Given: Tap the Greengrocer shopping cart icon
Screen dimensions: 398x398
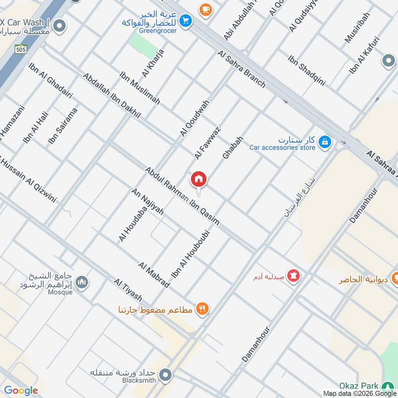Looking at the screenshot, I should click(x=186, y=20).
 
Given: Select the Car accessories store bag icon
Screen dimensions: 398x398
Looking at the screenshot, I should click(x=324, y=143).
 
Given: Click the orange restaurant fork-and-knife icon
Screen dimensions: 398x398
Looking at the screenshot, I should click(x=202, y=309).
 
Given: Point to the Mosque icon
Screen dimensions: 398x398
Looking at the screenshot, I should click(x=82, y=282).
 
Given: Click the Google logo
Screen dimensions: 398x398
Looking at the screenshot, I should click(x=21, y=391).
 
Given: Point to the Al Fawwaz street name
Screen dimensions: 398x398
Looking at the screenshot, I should click(x=207, y=143).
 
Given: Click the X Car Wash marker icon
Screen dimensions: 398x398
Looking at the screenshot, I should click(x=60, y=26).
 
